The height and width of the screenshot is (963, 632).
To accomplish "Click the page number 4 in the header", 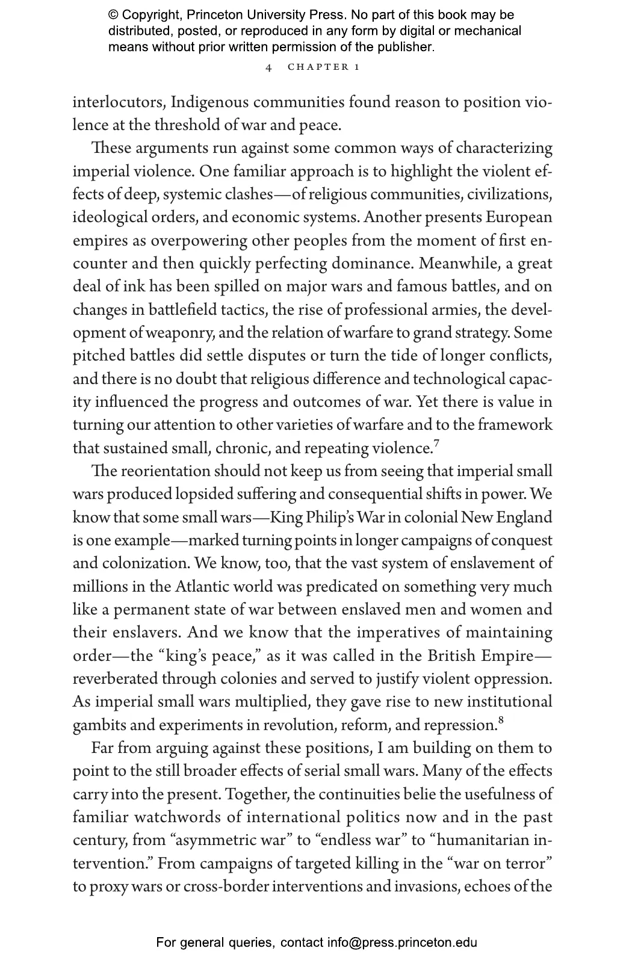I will click(268, 67).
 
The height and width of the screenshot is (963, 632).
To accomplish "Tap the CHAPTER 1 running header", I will click(323, 67).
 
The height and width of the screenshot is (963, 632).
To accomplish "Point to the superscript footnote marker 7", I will click(436, 444).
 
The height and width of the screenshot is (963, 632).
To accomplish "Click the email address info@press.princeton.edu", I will click(402, 943).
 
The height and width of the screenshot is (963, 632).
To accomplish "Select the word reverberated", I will click(114, 679).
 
